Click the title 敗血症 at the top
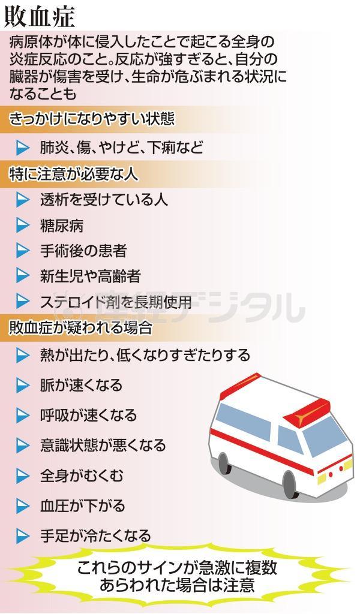[x=40, y=17]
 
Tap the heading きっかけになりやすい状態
[x=92, y=119]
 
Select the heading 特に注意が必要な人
[x=74, y=173]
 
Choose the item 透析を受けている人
[x=104, y=200]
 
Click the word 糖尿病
[x=62, y=225]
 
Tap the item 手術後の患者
[x=83, y=251]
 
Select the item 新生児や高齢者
[x=90, y=276]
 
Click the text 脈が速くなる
[x=81, y=385]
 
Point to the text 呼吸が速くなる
[x=88, y=415]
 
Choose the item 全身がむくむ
[x=82, y=475]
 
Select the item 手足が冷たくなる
[x=95, y=535]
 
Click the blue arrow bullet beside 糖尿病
[x=23, y=225]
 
